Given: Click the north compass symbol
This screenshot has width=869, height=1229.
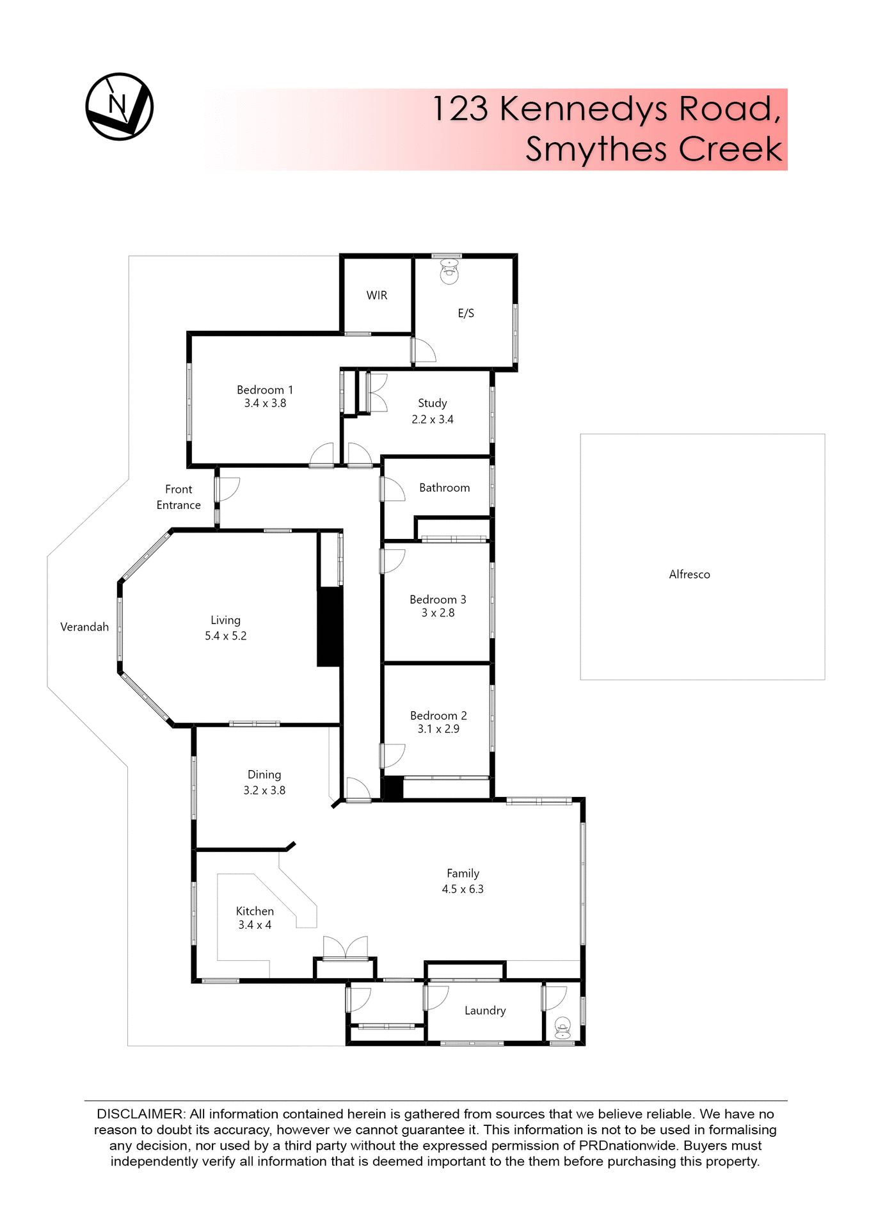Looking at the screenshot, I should coord(120,106).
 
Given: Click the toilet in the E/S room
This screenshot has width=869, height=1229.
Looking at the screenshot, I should coord(449,271).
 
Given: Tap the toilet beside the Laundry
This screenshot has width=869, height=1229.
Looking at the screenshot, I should coord(562,1027).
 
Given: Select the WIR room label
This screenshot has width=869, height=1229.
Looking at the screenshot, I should coord(377,295).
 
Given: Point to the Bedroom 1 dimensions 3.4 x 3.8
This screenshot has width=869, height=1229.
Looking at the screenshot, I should coord(265,403).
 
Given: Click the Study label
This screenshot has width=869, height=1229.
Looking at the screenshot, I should coord(432,403).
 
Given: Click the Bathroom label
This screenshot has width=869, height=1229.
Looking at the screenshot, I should coord(444,488).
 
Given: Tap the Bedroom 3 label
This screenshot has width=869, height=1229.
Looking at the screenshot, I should coord(438,599).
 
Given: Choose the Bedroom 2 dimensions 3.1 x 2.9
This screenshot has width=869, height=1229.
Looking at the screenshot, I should coord(438,729).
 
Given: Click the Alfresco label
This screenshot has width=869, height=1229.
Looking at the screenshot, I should coord(689,574).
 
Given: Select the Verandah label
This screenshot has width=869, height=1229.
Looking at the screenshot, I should coord(84,627).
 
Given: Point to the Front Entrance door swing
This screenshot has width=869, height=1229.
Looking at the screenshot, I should coord(229,490).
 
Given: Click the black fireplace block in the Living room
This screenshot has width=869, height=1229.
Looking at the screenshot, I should coord(330,627).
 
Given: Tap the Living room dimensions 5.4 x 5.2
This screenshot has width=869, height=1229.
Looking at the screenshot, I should coord(225,636).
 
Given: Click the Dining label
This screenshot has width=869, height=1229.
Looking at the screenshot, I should coord(264,775).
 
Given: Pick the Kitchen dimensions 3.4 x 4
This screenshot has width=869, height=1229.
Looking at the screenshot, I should coord(255,925).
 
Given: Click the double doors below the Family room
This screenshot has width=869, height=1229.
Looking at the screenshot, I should coord(346,947).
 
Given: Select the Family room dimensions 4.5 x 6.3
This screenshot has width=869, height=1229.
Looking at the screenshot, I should coord(463,889).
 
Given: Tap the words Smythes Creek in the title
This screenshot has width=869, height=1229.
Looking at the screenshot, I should coord(653,149).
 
